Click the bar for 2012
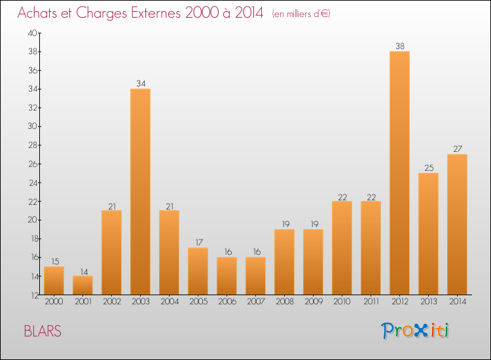(x=399, y=173)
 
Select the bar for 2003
(x=140, y=191)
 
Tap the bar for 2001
(x=82, y=285)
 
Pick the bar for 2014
(x=457, y=224)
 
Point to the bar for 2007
(x=255, y=276)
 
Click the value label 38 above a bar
(x=399, y=46)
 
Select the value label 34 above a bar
(x=140, y=83)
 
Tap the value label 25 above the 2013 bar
(x=428, y=168)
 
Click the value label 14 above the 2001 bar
(x=82, y=271)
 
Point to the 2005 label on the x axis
(x=198, y=302)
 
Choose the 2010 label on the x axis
(x=342, y=302)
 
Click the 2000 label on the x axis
(x=54, y=302)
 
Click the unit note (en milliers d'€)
(x=301, y=14)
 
